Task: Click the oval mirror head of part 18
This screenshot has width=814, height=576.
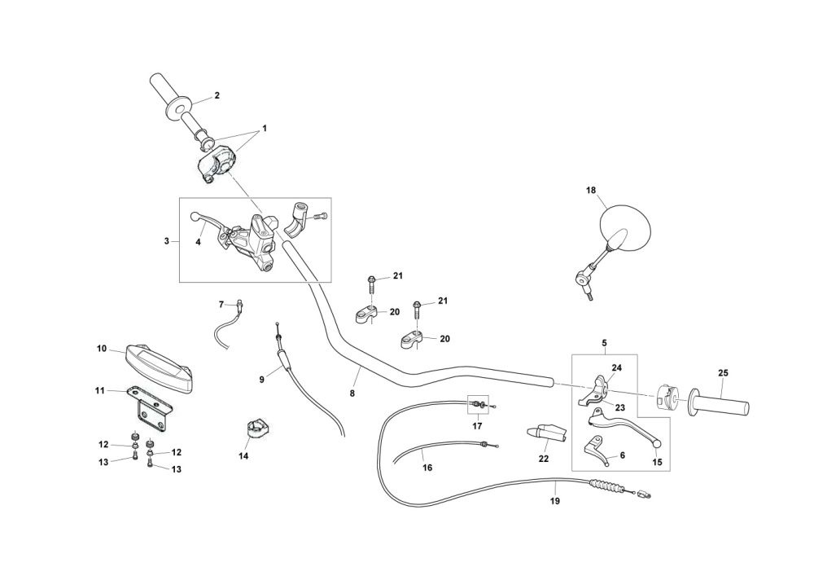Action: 625,228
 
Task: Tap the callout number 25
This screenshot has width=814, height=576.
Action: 723,373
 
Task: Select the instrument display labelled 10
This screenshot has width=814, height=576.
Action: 158,367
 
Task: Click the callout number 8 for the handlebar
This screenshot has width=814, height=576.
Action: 352,394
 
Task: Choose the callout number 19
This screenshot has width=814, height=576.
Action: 555,501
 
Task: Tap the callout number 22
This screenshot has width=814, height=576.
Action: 544,459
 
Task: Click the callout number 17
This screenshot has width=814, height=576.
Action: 477,426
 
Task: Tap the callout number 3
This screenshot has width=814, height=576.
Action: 167,241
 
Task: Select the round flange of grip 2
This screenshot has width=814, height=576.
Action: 177,108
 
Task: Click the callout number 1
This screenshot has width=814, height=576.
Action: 265,128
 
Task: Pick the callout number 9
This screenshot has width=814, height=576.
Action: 261,380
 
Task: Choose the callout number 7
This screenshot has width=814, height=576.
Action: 221,304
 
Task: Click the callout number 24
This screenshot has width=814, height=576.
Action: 616,367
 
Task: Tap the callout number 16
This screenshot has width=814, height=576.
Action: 427,468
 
